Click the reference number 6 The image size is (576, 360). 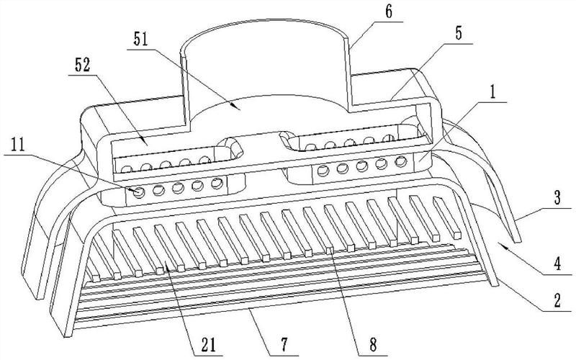click(389, 12)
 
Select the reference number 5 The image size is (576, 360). click(459, 34)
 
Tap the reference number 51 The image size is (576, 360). click(140, 40)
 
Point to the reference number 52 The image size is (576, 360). click(82, 66)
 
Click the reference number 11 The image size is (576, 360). click(17, 145)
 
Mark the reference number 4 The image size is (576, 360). click(557, 264)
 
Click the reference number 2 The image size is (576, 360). click(557, 301)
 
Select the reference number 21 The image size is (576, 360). click(208, 346)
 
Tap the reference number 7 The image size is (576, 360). click(284, 346)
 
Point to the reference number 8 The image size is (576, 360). click(373, 346)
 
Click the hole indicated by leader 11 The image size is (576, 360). click(139, 192)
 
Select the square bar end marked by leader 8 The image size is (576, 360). click(330, 250)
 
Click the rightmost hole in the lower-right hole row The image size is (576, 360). click(401, 161)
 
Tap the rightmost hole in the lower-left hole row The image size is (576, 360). click(217, 183)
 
